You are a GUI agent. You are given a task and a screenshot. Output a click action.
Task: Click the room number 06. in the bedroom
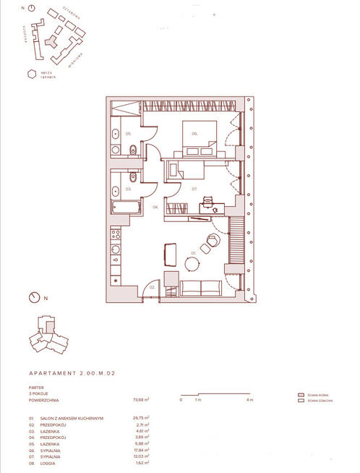coord(195,134)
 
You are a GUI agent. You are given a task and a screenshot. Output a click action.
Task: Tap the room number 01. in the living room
coord(193,253)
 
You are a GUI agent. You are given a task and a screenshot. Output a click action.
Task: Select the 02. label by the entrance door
coord(153,287)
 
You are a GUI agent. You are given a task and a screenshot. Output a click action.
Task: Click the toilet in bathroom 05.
coord(130,150)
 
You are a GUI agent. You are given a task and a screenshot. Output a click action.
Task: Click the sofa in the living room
coord(201,287)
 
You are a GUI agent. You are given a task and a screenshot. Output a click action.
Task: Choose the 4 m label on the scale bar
coord(250,399)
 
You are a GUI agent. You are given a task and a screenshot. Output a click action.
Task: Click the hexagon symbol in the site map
coord(31,73)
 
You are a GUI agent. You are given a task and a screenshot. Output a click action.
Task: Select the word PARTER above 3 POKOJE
coord(36,387)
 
